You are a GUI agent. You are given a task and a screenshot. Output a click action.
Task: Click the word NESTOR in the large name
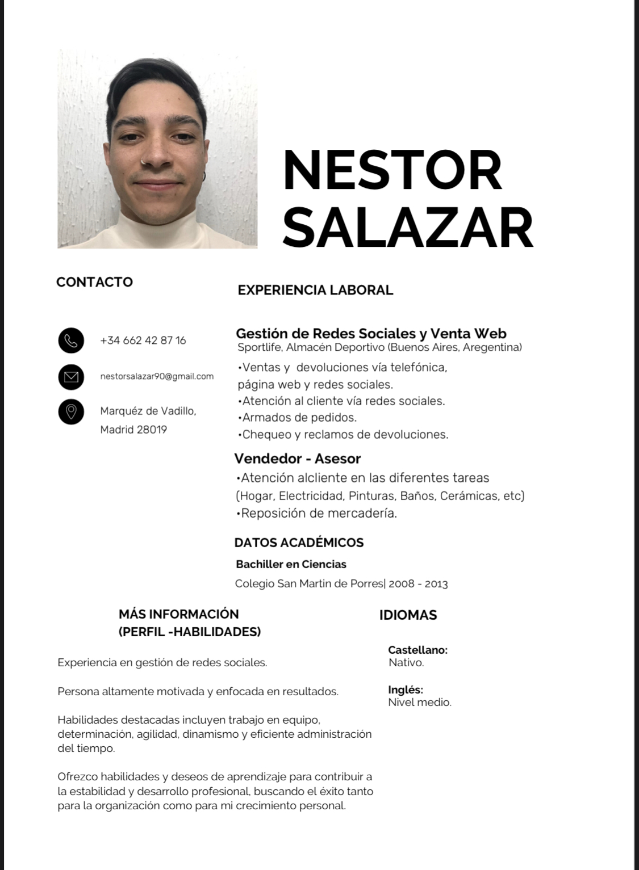pos(392,170)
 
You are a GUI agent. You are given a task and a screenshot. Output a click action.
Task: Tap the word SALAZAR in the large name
pos(408,227)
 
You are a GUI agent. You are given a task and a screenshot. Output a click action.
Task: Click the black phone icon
pos(71,341)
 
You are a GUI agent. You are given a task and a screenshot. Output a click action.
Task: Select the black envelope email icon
pos(71,376)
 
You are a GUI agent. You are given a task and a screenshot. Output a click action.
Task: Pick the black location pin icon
pos(71,411)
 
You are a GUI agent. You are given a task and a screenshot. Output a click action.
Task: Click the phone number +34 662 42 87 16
pos(143,341)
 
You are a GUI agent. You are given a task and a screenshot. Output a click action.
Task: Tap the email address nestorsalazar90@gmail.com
pos(157,376)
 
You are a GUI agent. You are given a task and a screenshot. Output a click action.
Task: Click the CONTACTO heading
pos(94,282)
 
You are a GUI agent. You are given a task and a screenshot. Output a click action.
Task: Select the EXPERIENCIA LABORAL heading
pos(315,290)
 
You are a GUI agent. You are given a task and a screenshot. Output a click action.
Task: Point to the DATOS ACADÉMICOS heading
pos(299,543)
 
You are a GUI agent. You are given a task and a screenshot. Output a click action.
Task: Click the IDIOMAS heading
pos(408,615)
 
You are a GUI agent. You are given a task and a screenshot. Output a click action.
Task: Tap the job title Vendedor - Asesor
pos(298,459)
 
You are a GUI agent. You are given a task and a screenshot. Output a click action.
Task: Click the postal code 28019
pos(152,430)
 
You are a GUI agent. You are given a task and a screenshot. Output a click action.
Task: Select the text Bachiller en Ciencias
pos(291,564)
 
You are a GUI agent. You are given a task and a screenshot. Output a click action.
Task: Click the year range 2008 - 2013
pos(418,584)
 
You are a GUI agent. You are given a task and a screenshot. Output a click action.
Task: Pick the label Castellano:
pos(417,650)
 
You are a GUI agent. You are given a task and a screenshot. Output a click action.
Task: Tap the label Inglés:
pos(406,690)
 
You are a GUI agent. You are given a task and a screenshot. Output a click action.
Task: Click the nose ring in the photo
pos(146,165)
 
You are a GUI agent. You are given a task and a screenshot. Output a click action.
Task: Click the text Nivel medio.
pos(420,703)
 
